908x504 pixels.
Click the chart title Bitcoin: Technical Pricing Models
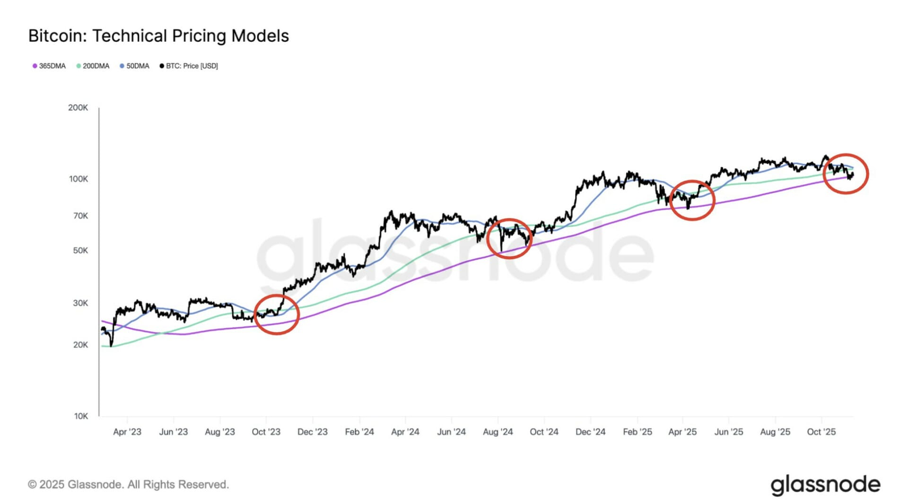158,36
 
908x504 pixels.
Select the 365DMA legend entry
49,66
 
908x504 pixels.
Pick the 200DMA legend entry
93,66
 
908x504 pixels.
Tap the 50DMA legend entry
135,66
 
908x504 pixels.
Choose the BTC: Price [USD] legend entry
189,66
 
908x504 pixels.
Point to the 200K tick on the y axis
78,108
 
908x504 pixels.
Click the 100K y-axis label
78,179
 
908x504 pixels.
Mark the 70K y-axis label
80,216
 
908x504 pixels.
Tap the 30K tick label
80,303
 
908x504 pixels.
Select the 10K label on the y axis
81,417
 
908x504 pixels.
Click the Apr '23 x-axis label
127,432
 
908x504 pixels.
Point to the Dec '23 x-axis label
313,432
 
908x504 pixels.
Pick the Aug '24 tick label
498,432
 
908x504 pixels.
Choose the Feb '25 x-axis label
637,432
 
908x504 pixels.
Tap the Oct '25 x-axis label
821,432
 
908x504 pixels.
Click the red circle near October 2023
277,314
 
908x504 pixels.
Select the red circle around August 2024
509,238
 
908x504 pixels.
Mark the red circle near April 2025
692,200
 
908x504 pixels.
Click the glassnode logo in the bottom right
825,485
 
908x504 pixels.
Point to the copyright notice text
128,485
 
